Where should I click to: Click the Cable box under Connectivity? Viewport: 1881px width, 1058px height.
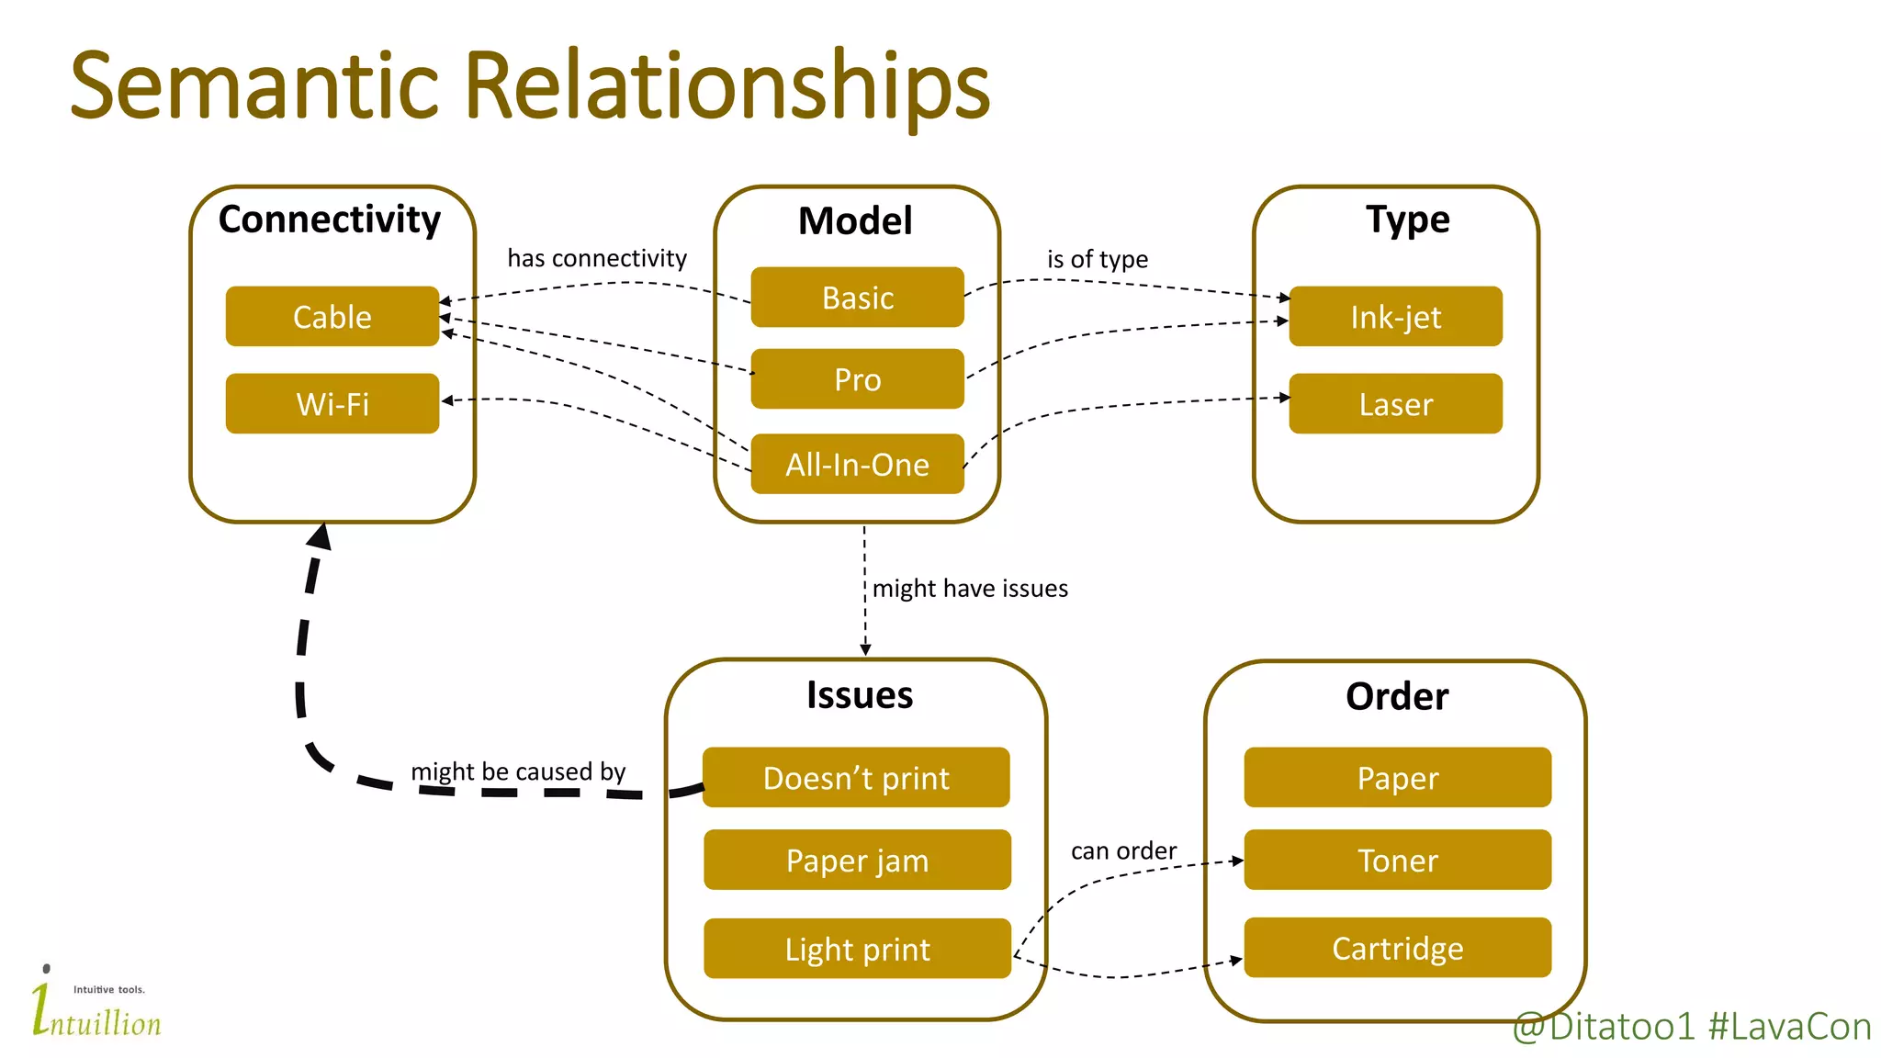coord(332,316)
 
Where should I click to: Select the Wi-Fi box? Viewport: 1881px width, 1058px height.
coord(332,403)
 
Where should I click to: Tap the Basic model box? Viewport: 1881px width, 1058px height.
coord(857,298)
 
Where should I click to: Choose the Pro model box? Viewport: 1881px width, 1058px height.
coord(857,379)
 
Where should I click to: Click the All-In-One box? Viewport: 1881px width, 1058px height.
coord(857,464)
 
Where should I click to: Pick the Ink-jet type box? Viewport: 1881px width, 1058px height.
coord(1395,316)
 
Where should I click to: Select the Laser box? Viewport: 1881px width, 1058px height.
coord(1395,403)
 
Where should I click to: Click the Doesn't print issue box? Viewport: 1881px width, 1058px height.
coord(856,778)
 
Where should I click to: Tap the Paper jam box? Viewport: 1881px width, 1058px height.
coord(857,860)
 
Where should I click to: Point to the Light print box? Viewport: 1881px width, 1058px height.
coord(857,948)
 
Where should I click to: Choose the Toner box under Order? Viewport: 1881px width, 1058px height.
coord(1397,860)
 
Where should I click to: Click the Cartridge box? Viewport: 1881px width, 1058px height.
coord(1397,947)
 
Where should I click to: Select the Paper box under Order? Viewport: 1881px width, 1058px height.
coord(1397,778)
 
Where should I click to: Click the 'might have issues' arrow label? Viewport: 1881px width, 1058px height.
coord(970,588)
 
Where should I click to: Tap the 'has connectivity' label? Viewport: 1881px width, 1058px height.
coord(597,258)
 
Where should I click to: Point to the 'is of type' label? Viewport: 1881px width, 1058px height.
coord(1098,259)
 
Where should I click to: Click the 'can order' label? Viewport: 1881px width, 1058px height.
coord(1123,850)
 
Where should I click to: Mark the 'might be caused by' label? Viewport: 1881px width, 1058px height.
coord(518,771)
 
